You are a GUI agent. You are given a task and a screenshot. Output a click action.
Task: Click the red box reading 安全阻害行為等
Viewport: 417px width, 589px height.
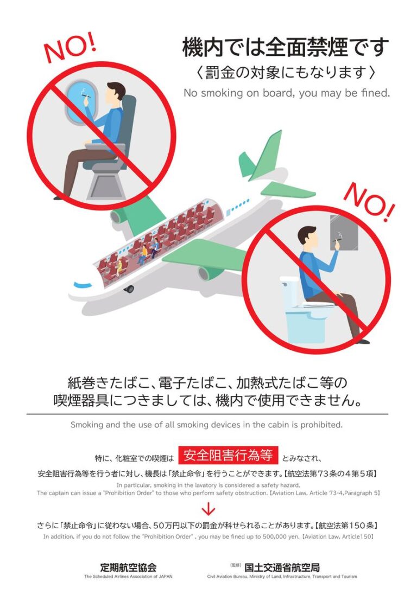click(x=229, y=454)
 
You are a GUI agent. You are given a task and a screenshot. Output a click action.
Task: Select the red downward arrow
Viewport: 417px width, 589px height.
click(x=208, y=509)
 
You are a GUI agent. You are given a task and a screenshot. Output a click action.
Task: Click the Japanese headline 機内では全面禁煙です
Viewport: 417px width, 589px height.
click(x=286, y=48)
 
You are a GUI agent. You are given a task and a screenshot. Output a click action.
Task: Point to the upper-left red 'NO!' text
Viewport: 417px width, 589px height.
click(x=70, y=47)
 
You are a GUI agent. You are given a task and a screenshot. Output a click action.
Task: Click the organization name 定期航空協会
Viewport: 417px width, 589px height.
click(x=128, y=567)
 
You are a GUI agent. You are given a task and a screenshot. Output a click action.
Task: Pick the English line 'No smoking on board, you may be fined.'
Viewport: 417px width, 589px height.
click(x=286, y=93)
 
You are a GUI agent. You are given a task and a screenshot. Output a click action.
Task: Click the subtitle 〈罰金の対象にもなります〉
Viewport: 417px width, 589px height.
click(x=286, y=72)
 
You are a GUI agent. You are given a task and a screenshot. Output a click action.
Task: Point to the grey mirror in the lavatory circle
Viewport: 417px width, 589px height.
click(x=344, y=233)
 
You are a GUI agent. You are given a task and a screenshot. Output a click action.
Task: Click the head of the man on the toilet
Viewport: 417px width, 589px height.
click(x=307, y=236)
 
